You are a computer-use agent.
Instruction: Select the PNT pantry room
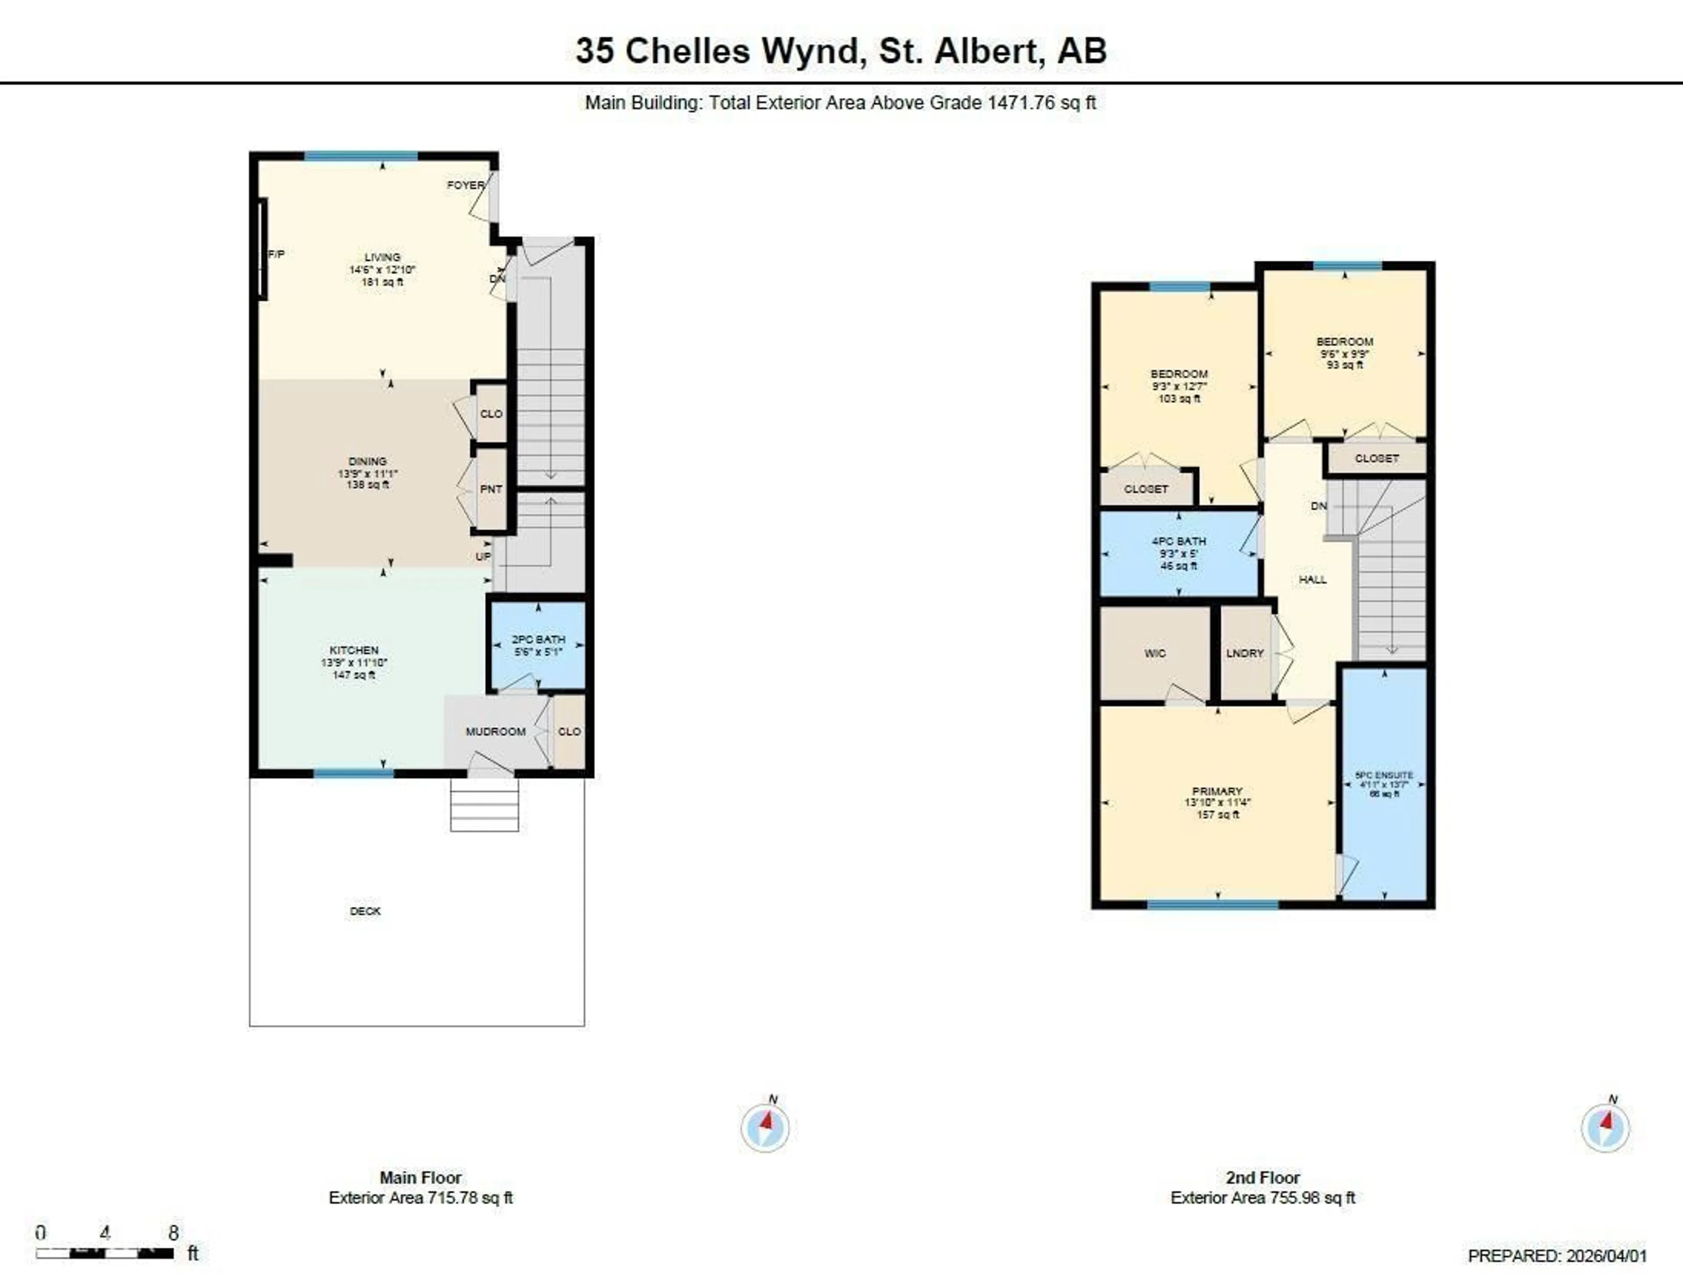coord(491,489)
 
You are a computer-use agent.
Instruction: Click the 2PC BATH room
coord(538,645)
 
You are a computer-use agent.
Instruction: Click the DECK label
coord(365,910)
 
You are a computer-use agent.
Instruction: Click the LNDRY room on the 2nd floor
coord(1245,653)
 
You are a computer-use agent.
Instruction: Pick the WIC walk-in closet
coord(1154,653)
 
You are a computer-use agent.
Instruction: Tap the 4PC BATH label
coord(1179,541)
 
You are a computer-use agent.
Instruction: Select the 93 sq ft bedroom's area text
coord(1344,365)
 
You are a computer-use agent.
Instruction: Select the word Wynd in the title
coord(811,51)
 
